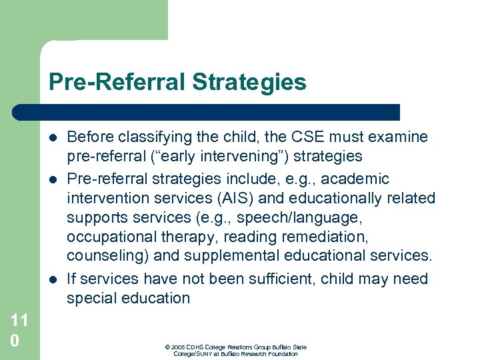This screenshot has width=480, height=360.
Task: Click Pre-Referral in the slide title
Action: click(117, 82)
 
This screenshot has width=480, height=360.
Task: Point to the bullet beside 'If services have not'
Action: click(53, 279)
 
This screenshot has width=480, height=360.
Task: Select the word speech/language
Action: click(319, 217)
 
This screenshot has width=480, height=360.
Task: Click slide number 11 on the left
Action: click(19, 321)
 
